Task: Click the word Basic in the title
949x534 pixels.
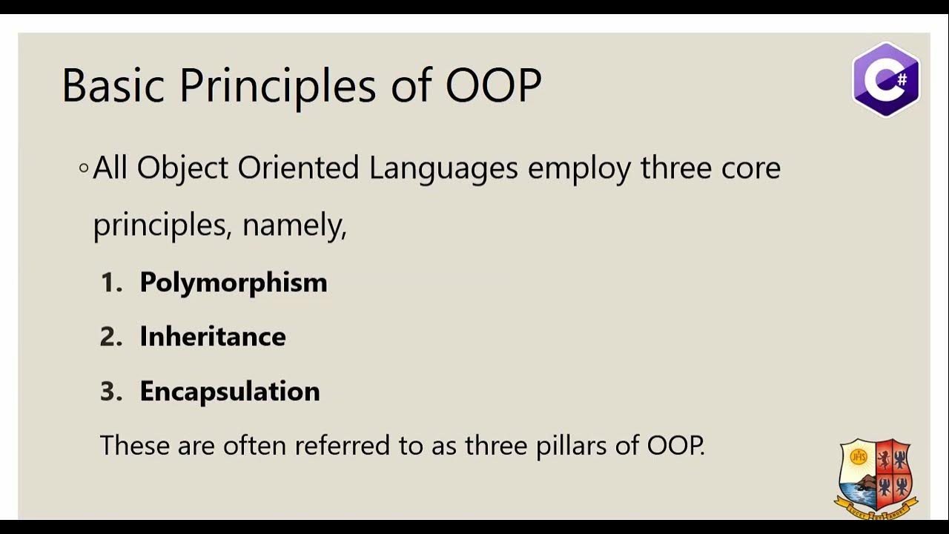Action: pyautogui.click(x=112, y=85)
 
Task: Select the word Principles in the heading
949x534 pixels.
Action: pyautogui.click(x=278, y=87)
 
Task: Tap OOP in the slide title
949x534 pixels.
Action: pyautogui.click(x=493, y=85)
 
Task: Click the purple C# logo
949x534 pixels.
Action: pyautogui.click(x=886, y=79)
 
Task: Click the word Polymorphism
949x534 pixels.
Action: pyautogui.click(x=234, y=283)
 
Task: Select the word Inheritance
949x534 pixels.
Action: pyautogui.click(x=213, y=337)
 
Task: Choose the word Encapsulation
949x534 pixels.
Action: pyautogui.click(x=230, y=391)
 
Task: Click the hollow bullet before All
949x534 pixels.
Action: pyautogui.click(x=84, y=168)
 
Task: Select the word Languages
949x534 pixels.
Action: pyautogui.click(x=443, y=168)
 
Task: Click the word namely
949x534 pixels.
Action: pyautogui.click(x=294, y=225)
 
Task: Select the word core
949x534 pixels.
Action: pyautogui.click(x=751, y=168)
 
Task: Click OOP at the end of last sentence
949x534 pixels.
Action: pyautogui.click(x=675, y=445)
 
